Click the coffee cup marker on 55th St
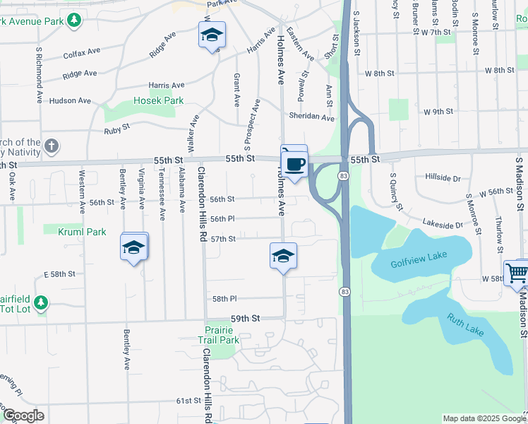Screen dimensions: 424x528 click(x=294, y=164)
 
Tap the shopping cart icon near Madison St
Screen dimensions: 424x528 click(x=517, y=273)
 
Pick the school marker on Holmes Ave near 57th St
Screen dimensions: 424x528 click(x=283, y=255)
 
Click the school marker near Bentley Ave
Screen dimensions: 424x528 click(x=133, y=247)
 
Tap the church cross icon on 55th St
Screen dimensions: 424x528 click(x=51, y=146)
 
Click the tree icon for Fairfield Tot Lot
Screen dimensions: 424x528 click(x=41, y=302)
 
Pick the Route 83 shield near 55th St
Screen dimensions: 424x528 click(x=343, y=175)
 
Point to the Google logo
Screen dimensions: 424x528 click(x=23, y=416)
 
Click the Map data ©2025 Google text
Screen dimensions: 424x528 click(x=484, y=418)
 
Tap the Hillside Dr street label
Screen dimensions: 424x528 click(x=443, y=178)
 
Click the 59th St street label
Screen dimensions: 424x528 click(x=246, y=319)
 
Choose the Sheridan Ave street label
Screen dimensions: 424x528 click(x=311, y=117)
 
